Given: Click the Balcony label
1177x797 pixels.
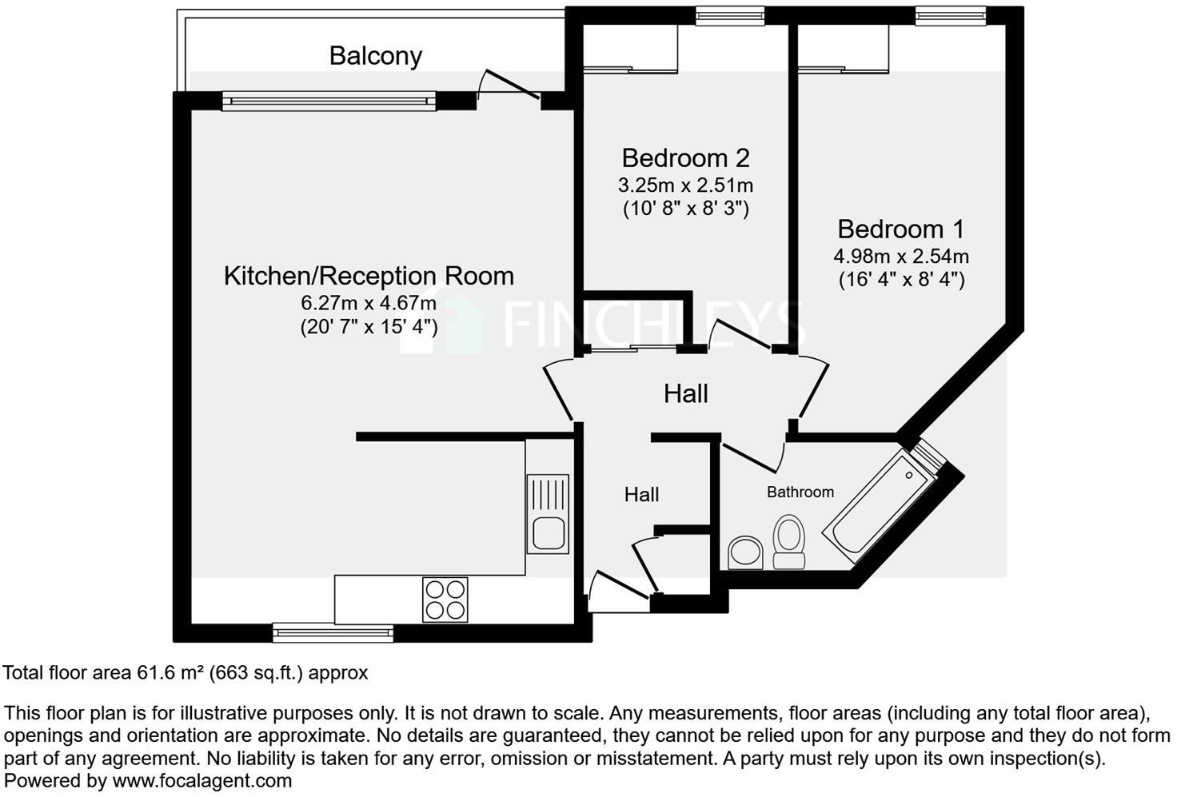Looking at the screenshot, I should (x=375, y=56).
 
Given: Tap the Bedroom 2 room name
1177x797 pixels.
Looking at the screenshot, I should (x=685, y=157).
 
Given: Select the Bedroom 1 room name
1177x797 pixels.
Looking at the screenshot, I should (x=901, y=229).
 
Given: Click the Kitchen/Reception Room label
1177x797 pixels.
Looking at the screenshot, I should (x=369, y=276).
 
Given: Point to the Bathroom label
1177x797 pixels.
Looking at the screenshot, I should (x=800, y=492).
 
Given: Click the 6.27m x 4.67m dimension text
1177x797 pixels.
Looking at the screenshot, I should (x=369, y=303).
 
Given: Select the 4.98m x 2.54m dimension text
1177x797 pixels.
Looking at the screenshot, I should (x=901, y=257).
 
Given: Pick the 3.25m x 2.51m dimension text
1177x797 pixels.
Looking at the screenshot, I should (x=685, y=185).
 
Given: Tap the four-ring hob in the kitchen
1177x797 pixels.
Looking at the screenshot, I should (x=445, y=599).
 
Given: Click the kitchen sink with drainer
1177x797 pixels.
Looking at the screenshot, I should (x=548, y=514).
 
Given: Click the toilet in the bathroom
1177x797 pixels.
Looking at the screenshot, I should (x=788, y=542).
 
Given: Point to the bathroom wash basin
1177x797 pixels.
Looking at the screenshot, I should (x=747, y=552).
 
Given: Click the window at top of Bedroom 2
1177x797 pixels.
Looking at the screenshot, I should (x=729, y=15).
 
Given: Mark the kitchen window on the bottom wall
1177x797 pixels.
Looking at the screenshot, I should (x=333, y=633).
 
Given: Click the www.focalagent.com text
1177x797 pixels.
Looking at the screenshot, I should (x=201, y=780).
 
